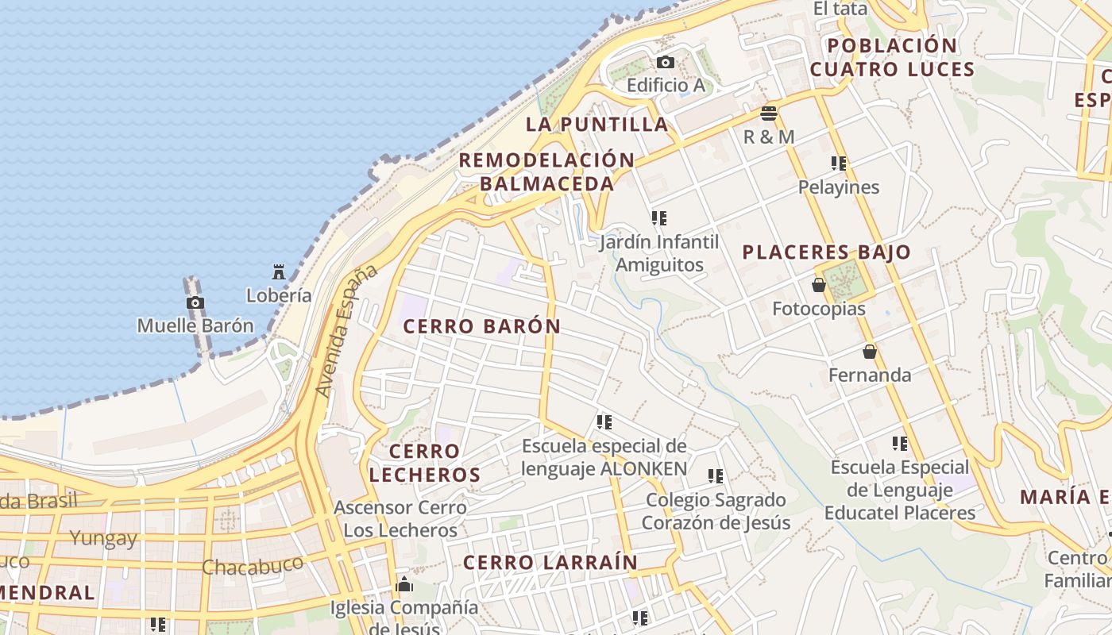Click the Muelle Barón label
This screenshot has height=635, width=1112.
pos(195,325)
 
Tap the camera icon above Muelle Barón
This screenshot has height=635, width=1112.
pos(195,302)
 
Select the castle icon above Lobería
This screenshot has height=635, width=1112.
pos(278,272)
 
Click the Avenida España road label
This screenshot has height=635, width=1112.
pos(346,331)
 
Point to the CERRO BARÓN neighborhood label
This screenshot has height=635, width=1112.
pos(481,326)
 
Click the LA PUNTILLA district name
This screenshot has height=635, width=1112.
pos(597,125)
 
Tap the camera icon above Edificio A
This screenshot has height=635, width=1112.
pos(666,63)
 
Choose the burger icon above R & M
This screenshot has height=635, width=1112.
pos(768,114)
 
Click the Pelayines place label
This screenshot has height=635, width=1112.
pos(839,187)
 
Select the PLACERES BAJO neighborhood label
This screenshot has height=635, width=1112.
pos(826,253)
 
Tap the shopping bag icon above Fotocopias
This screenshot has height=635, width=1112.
pos(819,285)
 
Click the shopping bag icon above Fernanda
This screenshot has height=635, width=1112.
pos(870,352)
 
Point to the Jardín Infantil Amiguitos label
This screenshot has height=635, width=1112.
pos(659,253)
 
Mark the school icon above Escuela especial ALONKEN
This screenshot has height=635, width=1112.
pos(604,422)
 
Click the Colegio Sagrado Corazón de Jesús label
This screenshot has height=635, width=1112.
pos(716,511)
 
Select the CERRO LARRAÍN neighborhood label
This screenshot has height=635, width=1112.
pos(550,563)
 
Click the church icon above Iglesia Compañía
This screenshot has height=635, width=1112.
pos(404,586)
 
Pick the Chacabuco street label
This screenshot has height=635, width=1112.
pos(253,565)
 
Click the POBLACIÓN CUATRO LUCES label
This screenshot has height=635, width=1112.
pos(892,57)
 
